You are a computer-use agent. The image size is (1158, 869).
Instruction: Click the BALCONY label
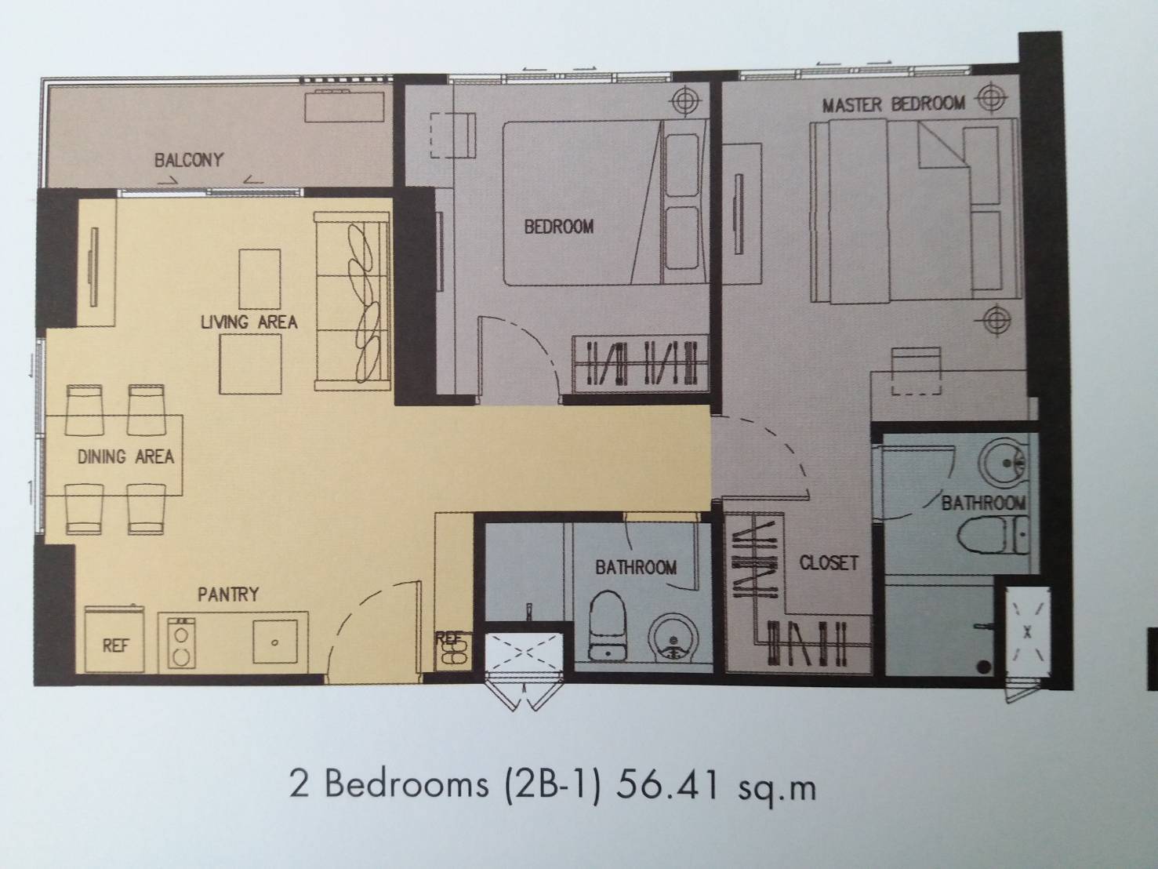click(189, 160)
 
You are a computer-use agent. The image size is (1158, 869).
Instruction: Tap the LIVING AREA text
click(249, 322)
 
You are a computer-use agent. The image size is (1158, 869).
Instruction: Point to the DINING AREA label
click(125, 456)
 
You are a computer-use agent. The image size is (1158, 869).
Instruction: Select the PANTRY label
click(228, 594)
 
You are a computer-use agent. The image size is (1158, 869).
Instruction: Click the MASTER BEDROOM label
click(893, 104)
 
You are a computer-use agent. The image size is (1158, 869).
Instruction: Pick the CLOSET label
click(829, 563)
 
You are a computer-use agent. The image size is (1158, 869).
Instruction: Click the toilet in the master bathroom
click(993, 534)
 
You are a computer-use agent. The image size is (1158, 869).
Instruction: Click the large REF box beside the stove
click(114, 639)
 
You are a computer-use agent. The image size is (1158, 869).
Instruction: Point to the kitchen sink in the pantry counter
click(274, 642)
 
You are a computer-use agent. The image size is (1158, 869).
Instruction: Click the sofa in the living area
click(352, 301)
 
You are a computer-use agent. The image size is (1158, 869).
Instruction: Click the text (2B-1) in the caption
click(553, 787)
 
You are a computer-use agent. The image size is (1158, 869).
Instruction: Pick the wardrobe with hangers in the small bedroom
click(641, 364)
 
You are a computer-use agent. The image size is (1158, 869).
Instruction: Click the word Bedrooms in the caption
click(407, 786)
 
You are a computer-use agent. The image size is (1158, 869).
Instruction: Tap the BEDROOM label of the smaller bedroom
click(559, 227)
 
